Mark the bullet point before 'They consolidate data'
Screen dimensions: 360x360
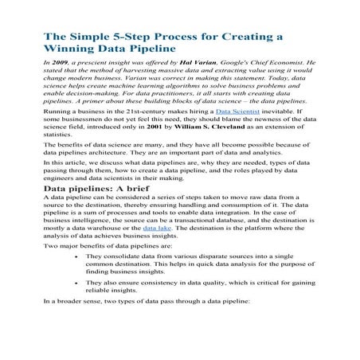point(75,257)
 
